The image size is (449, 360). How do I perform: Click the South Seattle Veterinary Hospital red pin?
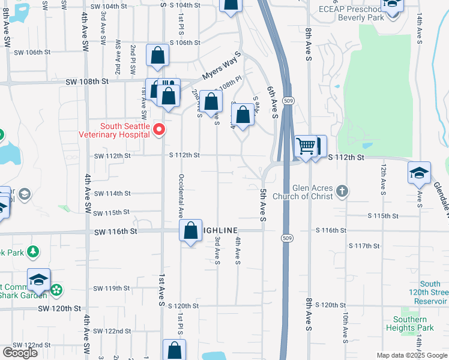(159, 129)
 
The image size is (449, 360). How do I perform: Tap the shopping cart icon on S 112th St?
(306, 145)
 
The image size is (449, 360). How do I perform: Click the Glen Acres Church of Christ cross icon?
(342, 191)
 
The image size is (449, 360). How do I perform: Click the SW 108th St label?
(86, 81)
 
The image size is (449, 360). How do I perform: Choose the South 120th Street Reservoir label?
(430, 292)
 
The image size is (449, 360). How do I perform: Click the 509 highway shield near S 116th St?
(287, 238)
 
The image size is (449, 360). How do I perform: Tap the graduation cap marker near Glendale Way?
(419, 172)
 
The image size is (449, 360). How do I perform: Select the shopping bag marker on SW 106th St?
(157, 55)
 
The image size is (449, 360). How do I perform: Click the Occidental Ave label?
(180, 196)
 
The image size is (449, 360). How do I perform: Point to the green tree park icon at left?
(34, 251)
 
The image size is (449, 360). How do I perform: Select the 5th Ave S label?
(263, 205)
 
